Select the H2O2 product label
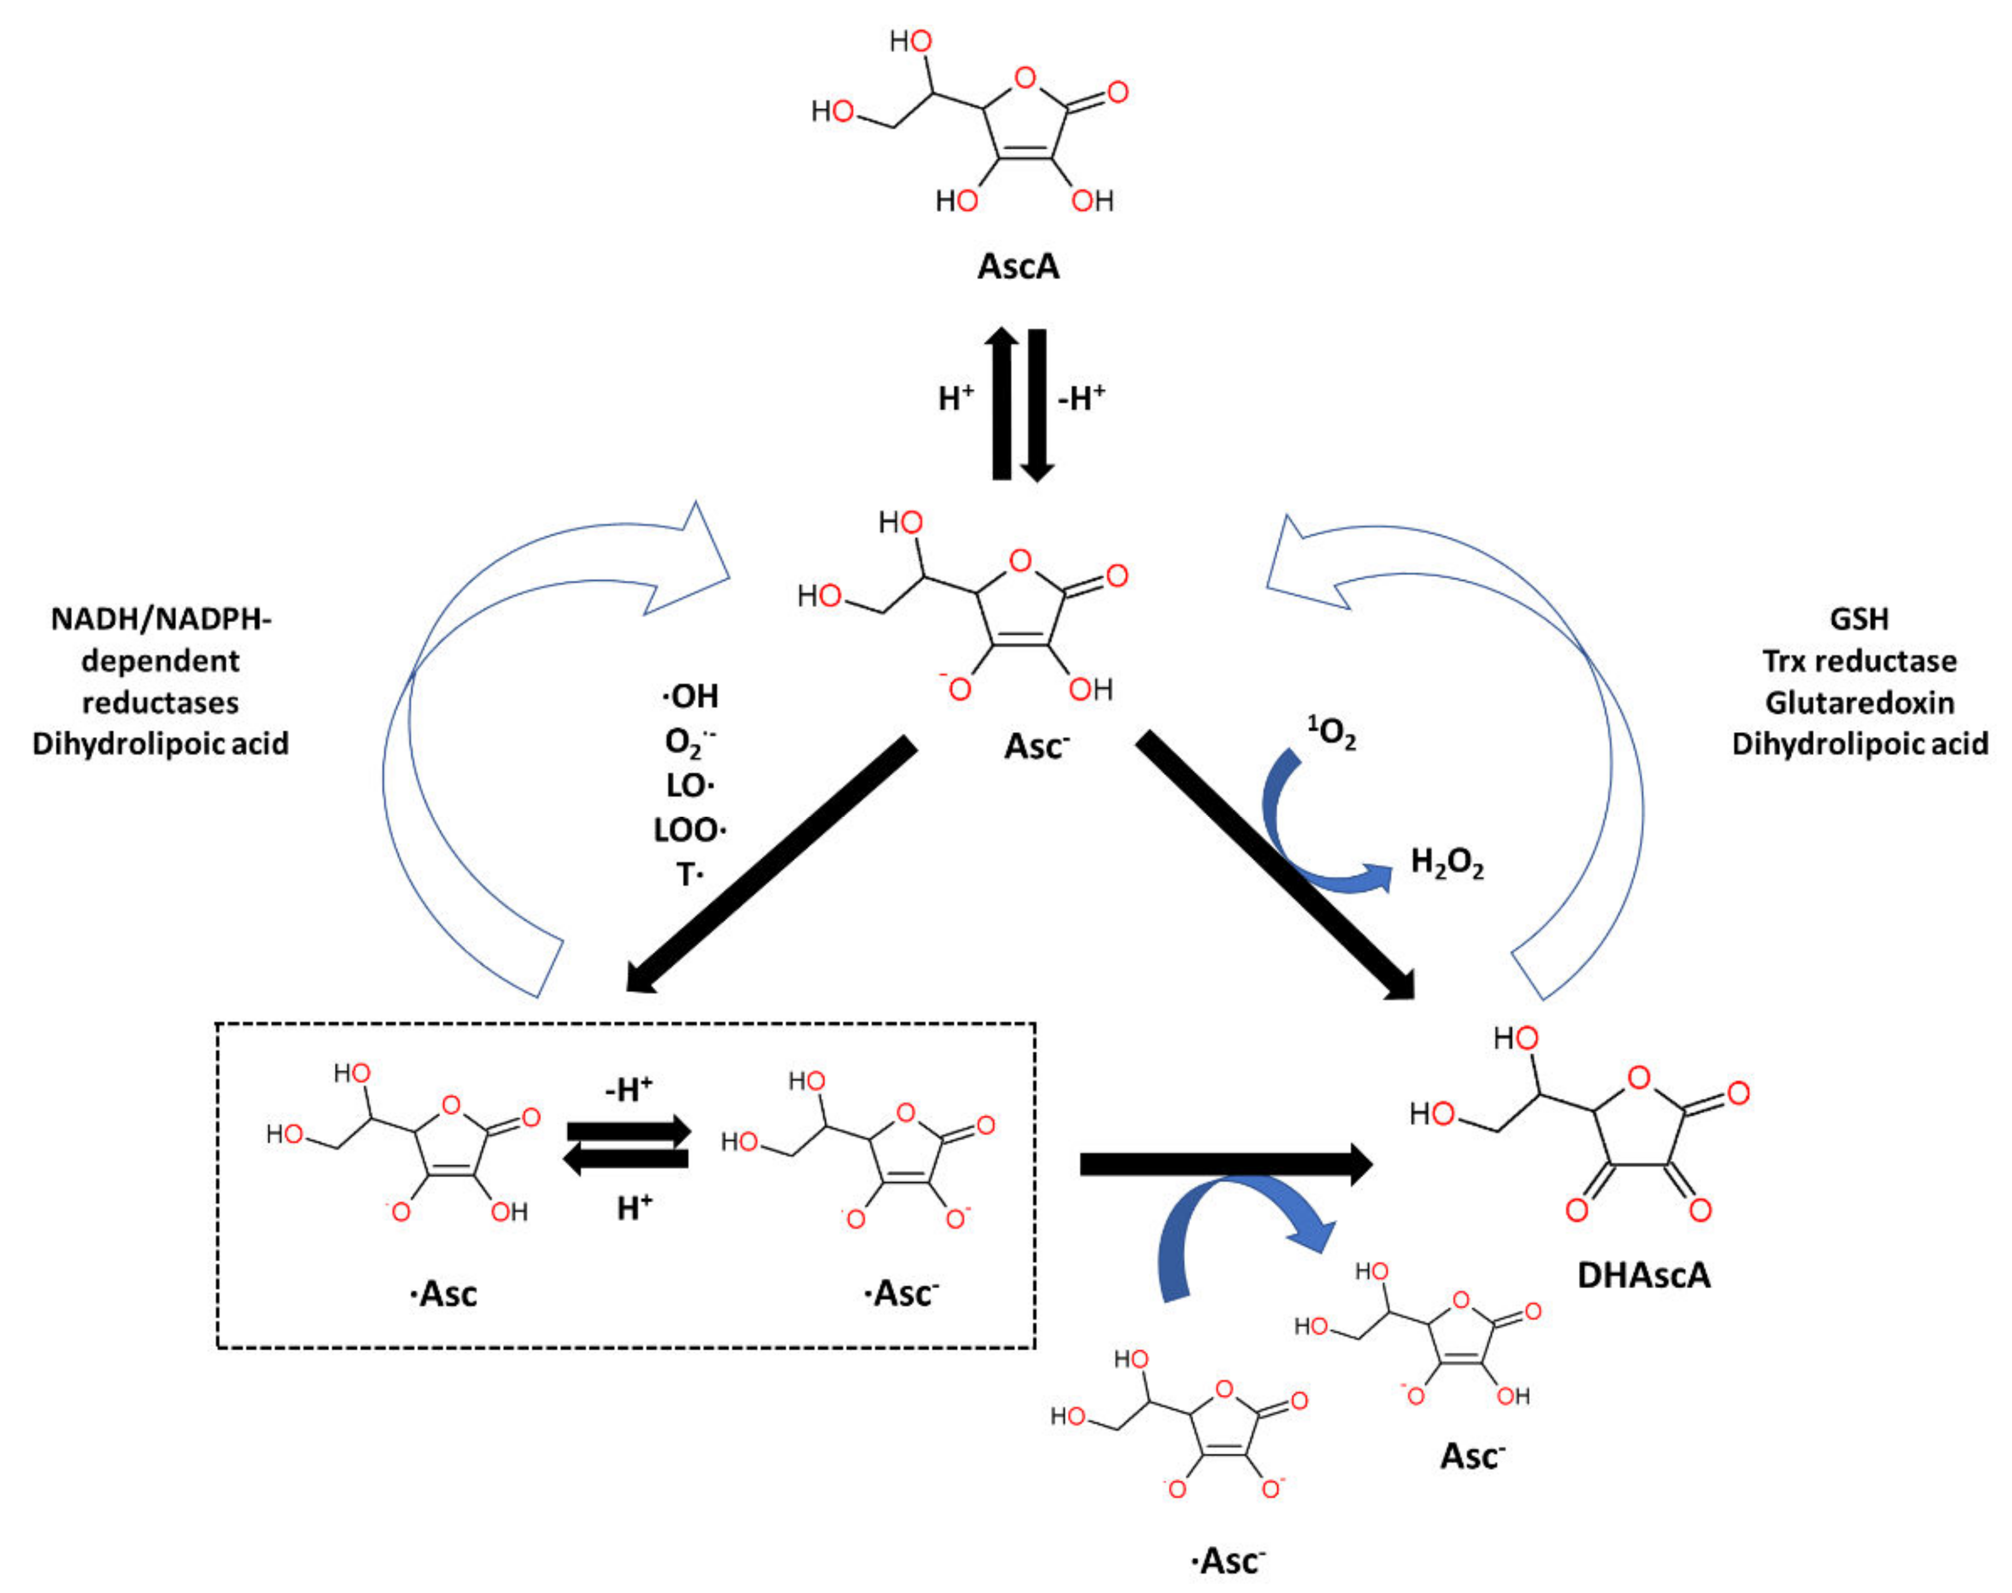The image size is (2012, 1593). pos(1446,863)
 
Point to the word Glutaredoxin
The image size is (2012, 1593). pos(1859,703)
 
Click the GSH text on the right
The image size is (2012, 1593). pos(1859,618)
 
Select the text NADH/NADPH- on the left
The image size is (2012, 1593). pos(161,618)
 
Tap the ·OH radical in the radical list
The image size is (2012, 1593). pos(690,696)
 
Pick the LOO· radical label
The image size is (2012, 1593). pos(690,829)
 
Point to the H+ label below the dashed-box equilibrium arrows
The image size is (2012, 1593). pos(634,1208)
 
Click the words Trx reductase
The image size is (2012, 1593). pos(1859,660)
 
